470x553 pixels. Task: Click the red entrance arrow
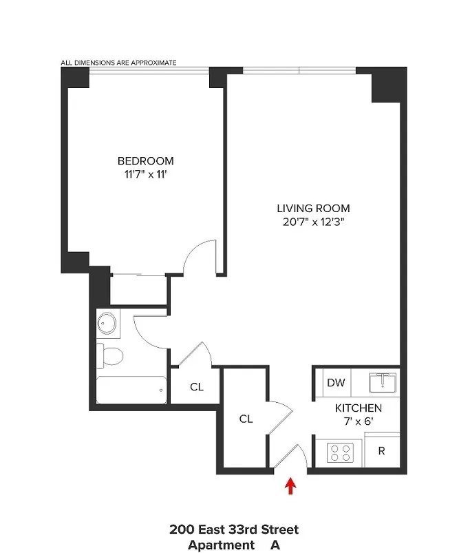coord(290,486)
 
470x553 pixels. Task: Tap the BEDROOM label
coord(145,161)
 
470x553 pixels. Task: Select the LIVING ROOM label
coord(313,208)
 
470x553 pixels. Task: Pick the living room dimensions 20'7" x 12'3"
coord(313,222)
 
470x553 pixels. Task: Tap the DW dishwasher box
coord(336,383)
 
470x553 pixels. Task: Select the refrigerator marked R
coord(381,452)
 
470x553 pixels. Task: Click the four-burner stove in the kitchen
coord(339,452)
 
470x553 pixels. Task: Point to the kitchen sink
coord(380,383)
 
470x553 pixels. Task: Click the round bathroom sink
coord(107,322)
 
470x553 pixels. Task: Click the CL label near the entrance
coord(246,418)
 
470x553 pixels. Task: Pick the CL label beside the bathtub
coord(197,386)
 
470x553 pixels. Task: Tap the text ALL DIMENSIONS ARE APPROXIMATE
coord(118,63)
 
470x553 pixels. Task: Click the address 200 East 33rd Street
coord(234,530)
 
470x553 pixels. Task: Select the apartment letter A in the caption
coord(275,545)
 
